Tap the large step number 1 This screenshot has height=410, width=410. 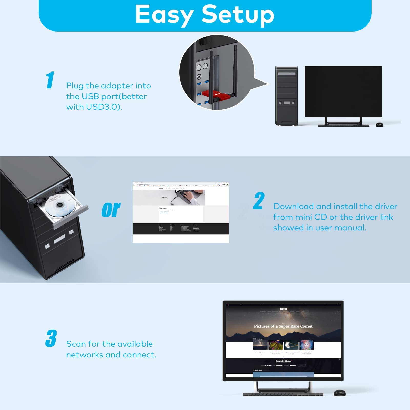click(50, 80)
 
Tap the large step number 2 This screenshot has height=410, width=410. click(259, 201)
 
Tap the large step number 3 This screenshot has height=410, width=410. click(51, 339)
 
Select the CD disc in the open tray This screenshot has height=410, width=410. click(59, 204)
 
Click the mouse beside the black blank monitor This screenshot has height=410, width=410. click(380, 125)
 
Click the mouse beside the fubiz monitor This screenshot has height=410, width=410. click(340, 393)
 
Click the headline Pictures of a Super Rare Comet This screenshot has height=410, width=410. click(283, 326)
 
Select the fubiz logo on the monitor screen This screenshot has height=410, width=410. click(283, 309)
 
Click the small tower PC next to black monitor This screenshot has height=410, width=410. click(286, 96)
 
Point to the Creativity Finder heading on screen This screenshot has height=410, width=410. click(283, 361)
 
